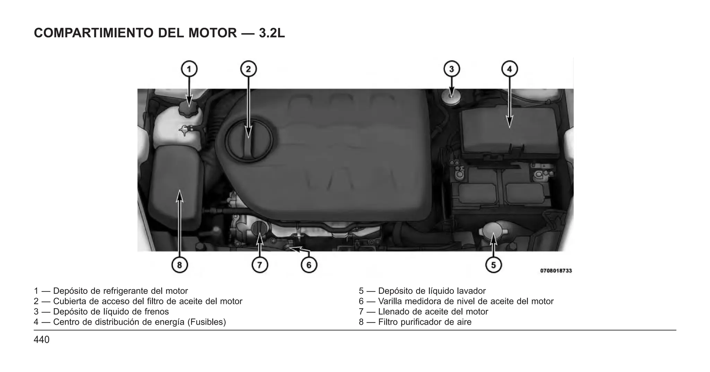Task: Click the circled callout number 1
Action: (189, 69)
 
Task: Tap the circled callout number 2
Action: (248, 69)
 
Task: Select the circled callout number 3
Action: (451, 69)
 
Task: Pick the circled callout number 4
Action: (509, 69)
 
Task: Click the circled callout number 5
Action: (493, 265)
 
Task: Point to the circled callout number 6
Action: (309, 265)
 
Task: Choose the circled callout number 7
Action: (260, 265)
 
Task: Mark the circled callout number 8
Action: (180, 265)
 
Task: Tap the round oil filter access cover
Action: (249, 140)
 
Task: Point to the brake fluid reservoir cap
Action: (451, 96)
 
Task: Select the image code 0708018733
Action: (556, 271)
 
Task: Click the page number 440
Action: (42, 340)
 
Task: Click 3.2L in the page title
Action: (272, 33)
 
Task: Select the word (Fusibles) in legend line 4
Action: (207, 322)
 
